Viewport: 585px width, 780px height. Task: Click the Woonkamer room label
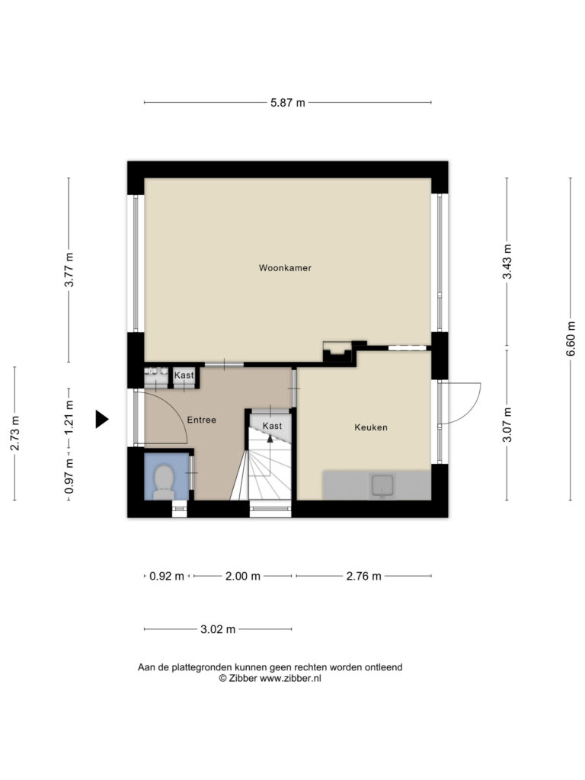point(285,267)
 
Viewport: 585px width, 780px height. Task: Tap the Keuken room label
point(371,427)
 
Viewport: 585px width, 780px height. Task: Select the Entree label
point(201,420)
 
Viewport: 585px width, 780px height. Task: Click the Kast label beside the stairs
point(272,426)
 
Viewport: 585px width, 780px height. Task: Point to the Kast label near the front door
point(184,375)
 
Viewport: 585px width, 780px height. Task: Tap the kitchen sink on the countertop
point(382,486)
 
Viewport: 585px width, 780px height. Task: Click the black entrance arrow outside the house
point(102,419)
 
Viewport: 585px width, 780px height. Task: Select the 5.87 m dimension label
point(287,103)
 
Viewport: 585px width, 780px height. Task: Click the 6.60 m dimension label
point(571,338)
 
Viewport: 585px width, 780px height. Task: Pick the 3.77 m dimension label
point(69,270)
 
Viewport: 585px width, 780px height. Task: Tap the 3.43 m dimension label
point(507,262)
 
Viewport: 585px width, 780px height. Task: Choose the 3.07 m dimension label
point(507,424)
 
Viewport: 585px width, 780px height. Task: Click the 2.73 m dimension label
point(15,433)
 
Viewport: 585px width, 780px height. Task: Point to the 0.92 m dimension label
point(167,576)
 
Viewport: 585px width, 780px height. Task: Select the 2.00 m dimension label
point(243,576)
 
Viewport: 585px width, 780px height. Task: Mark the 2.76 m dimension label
point(363,576)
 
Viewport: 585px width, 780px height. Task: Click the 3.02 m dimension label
point(218,629)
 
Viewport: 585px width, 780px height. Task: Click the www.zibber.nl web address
point(290,678)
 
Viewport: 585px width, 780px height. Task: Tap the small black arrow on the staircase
point(270,438)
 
